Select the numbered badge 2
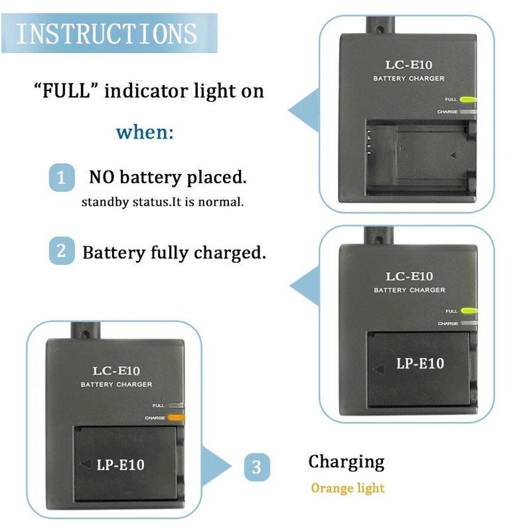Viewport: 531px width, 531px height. click(x=61, y=252)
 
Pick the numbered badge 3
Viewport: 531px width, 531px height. click(x=257, y=467)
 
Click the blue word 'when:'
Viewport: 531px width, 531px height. click(x=145, y=131)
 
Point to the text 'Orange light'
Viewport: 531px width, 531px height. click(x=348, y=489)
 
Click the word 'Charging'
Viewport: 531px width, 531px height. click(x=346, y=461)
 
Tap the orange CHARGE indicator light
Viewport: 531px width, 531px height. click(x=177, y=417)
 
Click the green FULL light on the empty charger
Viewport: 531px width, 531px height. click(x=468, y=100)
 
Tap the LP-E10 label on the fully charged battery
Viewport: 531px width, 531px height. click(x=420, y=363)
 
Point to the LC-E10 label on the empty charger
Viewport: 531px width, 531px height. click(x=409, y=65)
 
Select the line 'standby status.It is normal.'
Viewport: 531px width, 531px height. click(x=163, y=202)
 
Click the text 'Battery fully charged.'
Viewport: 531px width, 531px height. click(x=174, y=253)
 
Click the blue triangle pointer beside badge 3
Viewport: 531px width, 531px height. click(x=216, y=467)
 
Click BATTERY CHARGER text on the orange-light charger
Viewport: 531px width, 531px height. click(x=116, y=384)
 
